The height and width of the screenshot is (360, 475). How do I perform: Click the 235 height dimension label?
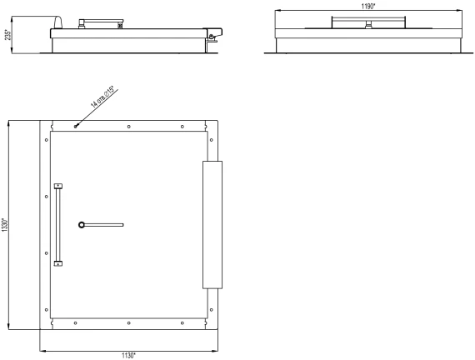(x=8, y=34)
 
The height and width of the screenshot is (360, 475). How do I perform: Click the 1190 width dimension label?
(x=368, y=7)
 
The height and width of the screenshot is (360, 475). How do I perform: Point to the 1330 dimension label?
(x=4, y=225)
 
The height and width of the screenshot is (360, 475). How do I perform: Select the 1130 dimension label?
(x=128, y=356)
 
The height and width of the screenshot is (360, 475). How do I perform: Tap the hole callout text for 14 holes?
(x=102, y=97)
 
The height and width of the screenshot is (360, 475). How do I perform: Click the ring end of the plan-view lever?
(x=82, y=225)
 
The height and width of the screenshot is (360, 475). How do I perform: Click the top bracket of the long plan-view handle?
(x=58, y=186)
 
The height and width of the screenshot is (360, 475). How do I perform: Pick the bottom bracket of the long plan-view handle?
(x=58, y=263)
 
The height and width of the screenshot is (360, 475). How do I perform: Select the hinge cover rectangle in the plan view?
(x=212, y=225)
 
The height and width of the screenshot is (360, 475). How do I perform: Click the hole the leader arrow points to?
(x=76, y=127)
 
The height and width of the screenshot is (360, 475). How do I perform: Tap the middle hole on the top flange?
(x=128, y=127)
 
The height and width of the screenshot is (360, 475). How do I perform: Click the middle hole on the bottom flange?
(x=128, y=323)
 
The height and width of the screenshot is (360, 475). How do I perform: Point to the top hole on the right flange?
(x=211, y=140)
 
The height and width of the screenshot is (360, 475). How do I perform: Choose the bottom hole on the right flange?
(x=211, y=310)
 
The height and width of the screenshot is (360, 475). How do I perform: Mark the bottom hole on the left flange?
(x=47, y=310)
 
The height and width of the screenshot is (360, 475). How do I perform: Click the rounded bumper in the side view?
(x=58, y=22)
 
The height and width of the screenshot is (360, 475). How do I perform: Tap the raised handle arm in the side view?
(x=101, y=22)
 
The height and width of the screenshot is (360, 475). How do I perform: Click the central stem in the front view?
(x=368, y=24)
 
